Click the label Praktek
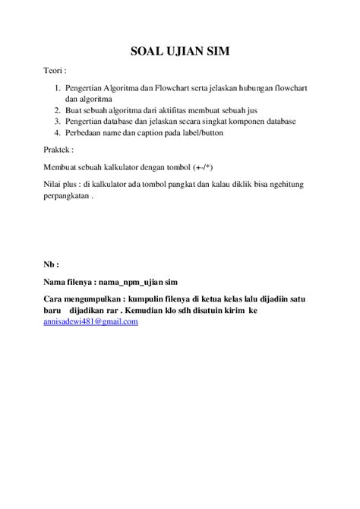click(58, 150)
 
